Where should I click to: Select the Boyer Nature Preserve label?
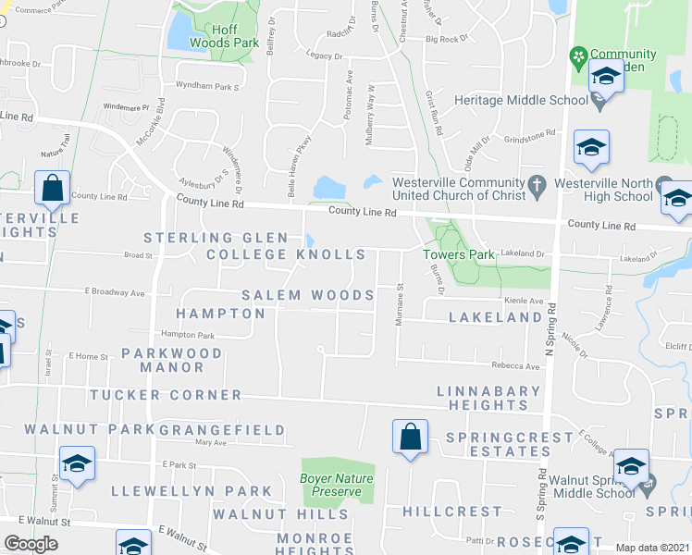[x=337, y=485]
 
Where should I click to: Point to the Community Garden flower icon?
[x=580, y=55]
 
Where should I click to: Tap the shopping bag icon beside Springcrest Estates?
[x=410, y=436]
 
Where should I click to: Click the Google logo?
[x=31, y=544]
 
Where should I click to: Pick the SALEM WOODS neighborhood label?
[x=308, y=295]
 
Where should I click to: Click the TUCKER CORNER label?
[x=166, y=395]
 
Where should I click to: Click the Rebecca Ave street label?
[x=515, y=366]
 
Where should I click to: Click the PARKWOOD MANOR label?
[x=172, y=360]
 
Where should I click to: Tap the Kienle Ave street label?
[x=524, y=301]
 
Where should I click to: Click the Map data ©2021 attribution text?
[x=653, y=548]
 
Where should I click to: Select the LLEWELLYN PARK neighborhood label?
[x=192, y=491]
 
